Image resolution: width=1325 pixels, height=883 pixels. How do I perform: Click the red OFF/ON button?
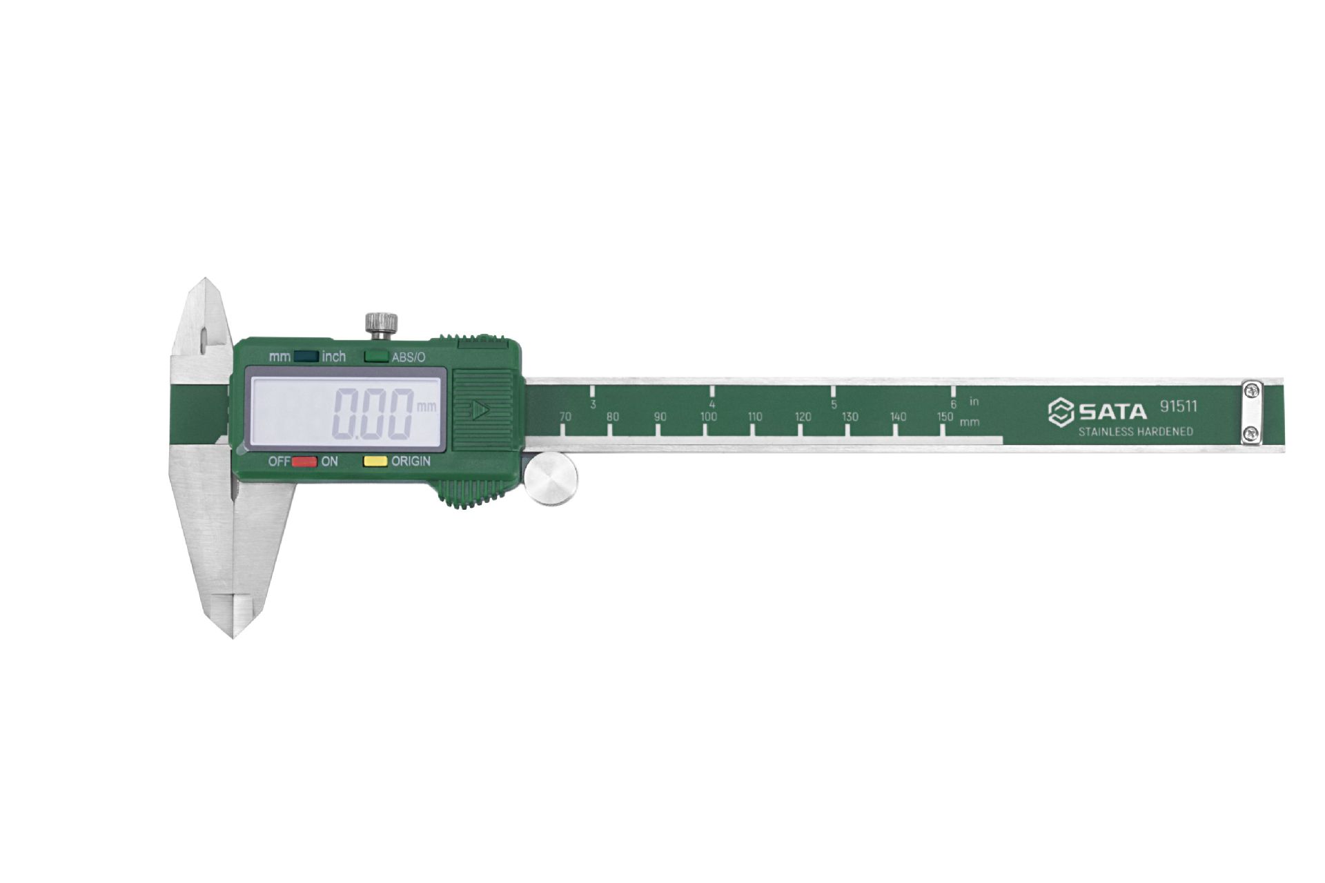click(x=304, y=462)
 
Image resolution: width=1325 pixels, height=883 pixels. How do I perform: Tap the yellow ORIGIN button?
click(x=375, y=462)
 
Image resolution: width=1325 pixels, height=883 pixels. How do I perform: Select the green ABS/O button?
click(x=376, y=357)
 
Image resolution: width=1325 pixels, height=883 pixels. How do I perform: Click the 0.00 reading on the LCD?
click(x=373, y=414)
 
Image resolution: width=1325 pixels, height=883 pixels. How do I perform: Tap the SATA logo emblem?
click(x=1060, y=413)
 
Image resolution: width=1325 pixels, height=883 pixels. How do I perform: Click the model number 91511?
click(x=1178, y=406)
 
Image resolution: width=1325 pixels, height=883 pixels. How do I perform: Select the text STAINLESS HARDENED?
click(x=1135, y=432)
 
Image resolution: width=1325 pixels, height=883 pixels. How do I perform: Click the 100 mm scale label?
click(x=708, y=417)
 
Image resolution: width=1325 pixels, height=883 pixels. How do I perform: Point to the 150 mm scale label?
click(x=945, y=417)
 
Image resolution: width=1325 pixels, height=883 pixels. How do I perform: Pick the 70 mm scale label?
click(x=565, y=417)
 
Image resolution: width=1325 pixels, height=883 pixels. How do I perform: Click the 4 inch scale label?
click(x=712, y=405)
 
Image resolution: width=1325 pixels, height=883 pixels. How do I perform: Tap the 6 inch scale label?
click(x=954, y=405)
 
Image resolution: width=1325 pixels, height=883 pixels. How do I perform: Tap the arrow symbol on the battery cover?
click(x=481, y=410)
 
